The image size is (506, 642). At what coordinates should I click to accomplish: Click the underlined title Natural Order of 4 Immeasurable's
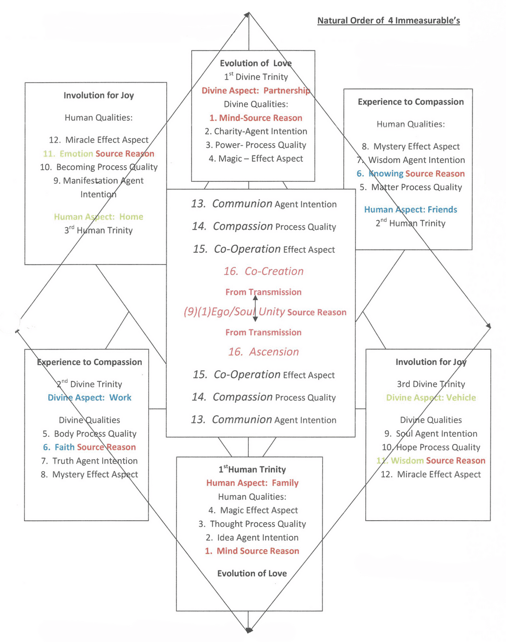coord(388,21)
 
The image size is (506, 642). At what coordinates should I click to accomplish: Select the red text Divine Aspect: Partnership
coord(256,90)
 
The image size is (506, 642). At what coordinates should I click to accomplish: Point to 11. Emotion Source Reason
coord(98,154)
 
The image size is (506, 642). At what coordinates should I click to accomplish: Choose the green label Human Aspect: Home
coord(98,217)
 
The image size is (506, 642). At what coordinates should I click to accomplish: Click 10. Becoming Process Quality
coord(98,167)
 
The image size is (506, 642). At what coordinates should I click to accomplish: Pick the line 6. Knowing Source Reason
coord(410,174)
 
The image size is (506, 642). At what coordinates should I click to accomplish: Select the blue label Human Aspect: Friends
coord(410,210)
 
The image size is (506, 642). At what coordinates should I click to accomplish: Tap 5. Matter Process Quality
coord(410,187)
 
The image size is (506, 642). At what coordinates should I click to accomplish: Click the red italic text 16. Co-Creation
coord(264,271)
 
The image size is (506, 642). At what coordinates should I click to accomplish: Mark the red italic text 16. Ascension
coord(264,352)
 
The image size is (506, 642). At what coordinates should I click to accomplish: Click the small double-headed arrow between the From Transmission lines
coord(255,309)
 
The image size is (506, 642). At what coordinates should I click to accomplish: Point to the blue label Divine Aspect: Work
coord(89,398)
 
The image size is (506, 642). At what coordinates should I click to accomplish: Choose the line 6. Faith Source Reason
coord(89,447)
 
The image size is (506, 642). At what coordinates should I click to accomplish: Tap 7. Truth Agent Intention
coord(89,461)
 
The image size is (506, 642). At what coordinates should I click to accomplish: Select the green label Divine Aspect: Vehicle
coord(431,398)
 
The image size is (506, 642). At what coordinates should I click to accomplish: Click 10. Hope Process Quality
coord(431,447)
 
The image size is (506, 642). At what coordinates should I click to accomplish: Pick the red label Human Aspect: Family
coord(252,483)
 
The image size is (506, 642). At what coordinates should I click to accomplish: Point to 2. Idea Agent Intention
coord(252,538)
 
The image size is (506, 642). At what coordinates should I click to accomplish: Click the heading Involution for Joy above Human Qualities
coord(98,95)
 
